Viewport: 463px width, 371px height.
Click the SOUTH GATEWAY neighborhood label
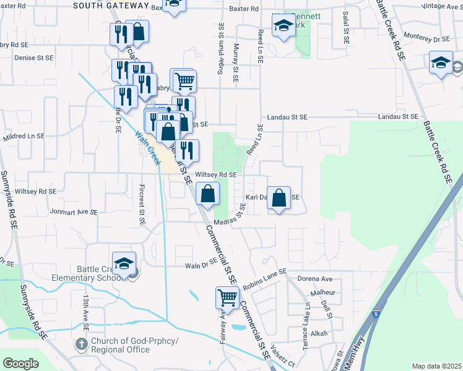111,6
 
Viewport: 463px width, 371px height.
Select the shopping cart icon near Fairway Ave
227,297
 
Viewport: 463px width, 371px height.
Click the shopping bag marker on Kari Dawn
279,198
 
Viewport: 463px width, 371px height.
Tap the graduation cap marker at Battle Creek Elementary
124,263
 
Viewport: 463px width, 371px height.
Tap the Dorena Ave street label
315,279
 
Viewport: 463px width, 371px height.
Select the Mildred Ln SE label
24,136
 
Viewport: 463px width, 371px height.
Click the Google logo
20,364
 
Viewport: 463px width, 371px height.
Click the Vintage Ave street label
441,6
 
